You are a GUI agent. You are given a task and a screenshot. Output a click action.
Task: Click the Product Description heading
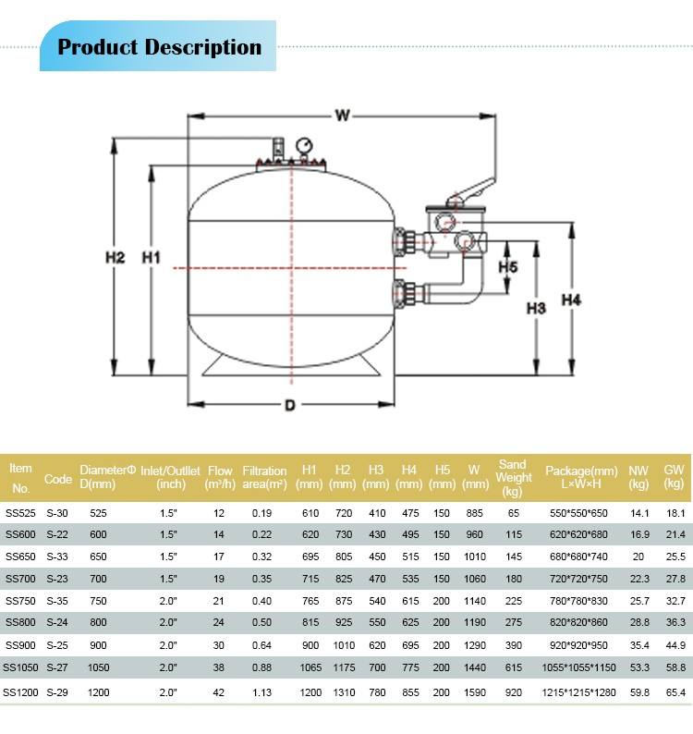pyautogui.click(x=159, y=48)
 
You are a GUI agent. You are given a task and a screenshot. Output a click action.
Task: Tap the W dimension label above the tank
pyautogui.click(x=343, y=116)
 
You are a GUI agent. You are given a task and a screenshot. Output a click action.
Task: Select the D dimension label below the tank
pyautogui.click(x=289, y=405)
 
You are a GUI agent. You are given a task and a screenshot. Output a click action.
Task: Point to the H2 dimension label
pyautogui.click(x=114, y=258)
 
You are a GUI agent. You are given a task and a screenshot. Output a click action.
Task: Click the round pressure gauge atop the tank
pyautogui.click(x=305, y=146)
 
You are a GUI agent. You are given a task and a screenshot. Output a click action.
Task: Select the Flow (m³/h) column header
pyautogui.click(x=220, y=477)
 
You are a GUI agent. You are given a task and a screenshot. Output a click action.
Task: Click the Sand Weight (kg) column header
pyautogui.click(x=513, y=477)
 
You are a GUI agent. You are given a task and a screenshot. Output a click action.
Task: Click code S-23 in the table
pyautogui.click(x=57, y=579)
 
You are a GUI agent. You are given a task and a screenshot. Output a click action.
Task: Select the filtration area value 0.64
pyautogui.click(x=264, y=646)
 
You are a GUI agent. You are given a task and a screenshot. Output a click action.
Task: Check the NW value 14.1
pyautogui.click(x=638, y=512)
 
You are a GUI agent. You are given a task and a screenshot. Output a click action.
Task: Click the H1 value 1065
pyautogui.click(x=309, y=668)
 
